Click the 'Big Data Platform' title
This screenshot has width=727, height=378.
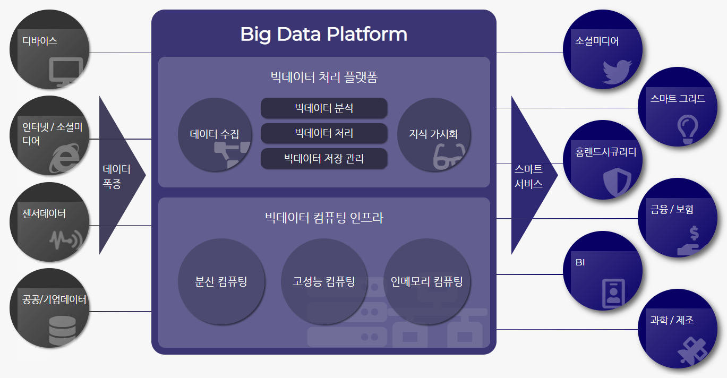323,35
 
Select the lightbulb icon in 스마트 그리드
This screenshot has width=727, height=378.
688,130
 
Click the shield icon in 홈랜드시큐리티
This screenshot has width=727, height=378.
617,182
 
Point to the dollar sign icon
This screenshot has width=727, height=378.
694,233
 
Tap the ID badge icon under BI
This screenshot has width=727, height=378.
613,293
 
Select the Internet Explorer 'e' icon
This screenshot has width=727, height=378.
64,158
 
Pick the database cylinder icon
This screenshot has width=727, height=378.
62,331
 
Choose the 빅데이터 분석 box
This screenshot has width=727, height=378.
324,108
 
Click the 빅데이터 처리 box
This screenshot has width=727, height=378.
324,133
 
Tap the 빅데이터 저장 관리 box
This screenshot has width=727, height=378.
324,158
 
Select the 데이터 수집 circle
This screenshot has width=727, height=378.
215,134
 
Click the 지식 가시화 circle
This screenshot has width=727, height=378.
434,134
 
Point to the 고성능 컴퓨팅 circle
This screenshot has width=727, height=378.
324,281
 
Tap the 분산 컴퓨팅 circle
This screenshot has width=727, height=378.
221,281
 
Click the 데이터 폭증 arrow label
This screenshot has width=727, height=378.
116,176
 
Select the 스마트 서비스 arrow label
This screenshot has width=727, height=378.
528,176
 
